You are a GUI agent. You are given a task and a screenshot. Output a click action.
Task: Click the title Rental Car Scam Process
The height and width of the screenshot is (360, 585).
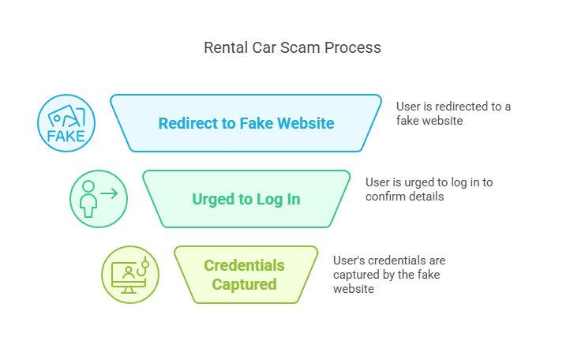pos(292,47)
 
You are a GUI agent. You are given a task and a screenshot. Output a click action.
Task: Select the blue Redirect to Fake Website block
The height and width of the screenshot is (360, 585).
pos(246,123)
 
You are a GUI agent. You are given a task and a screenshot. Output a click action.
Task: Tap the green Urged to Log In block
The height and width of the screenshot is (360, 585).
pos(246,199)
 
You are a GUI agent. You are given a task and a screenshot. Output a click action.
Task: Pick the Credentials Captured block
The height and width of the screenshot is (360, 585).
pos(246,275)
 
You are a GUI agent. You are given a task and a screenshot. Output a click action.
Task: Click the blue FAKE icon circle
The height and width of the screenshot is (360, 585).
pos(67,123)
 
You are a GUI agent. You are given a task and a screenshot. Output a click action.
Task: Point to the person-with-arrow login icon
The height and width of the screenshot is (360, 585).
pos(99,199)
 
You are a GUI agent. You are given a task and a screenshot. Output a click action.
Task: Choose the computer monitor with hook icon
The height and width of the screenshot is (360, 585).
pos(130,275)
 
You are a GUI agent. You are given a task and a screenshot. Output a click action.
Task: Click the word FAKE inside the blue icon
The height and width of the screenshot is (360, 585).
pos(66,136)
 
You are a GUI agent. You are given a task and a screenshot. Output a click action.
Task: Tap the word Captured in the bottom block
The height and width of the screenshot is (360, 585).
pos(246,284)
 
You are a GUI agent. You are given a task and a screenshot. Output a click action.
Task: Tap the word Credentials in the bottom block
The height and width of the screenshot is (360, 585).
pos(246,265)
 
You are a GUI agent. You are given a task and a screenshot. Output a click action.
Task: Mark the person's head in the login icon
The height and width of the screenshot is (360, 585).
pos(88,186)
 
